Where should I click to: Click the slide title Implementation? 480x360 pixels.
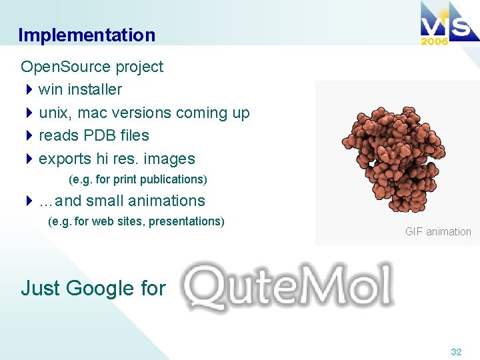[87, 35]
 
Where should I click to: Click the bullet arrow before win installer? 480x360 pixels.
[29, 89]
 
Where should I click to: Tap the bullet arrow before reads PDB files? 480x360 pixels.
[29, 135]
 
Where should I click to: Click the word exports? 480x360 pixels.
[65, 159]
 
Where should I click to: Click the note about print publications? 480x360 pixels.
[138, 179]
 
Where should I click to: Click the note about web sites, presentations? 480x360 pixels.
[137, 221]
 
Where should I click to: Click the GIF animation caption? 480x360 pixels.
[438, 232]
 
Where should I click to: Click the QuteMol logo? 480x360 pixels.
[288, 287]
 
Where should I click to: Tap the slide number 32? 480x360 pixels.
[456, 351]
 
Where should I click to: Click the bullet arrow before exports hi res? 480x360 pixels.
[29, 159]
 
